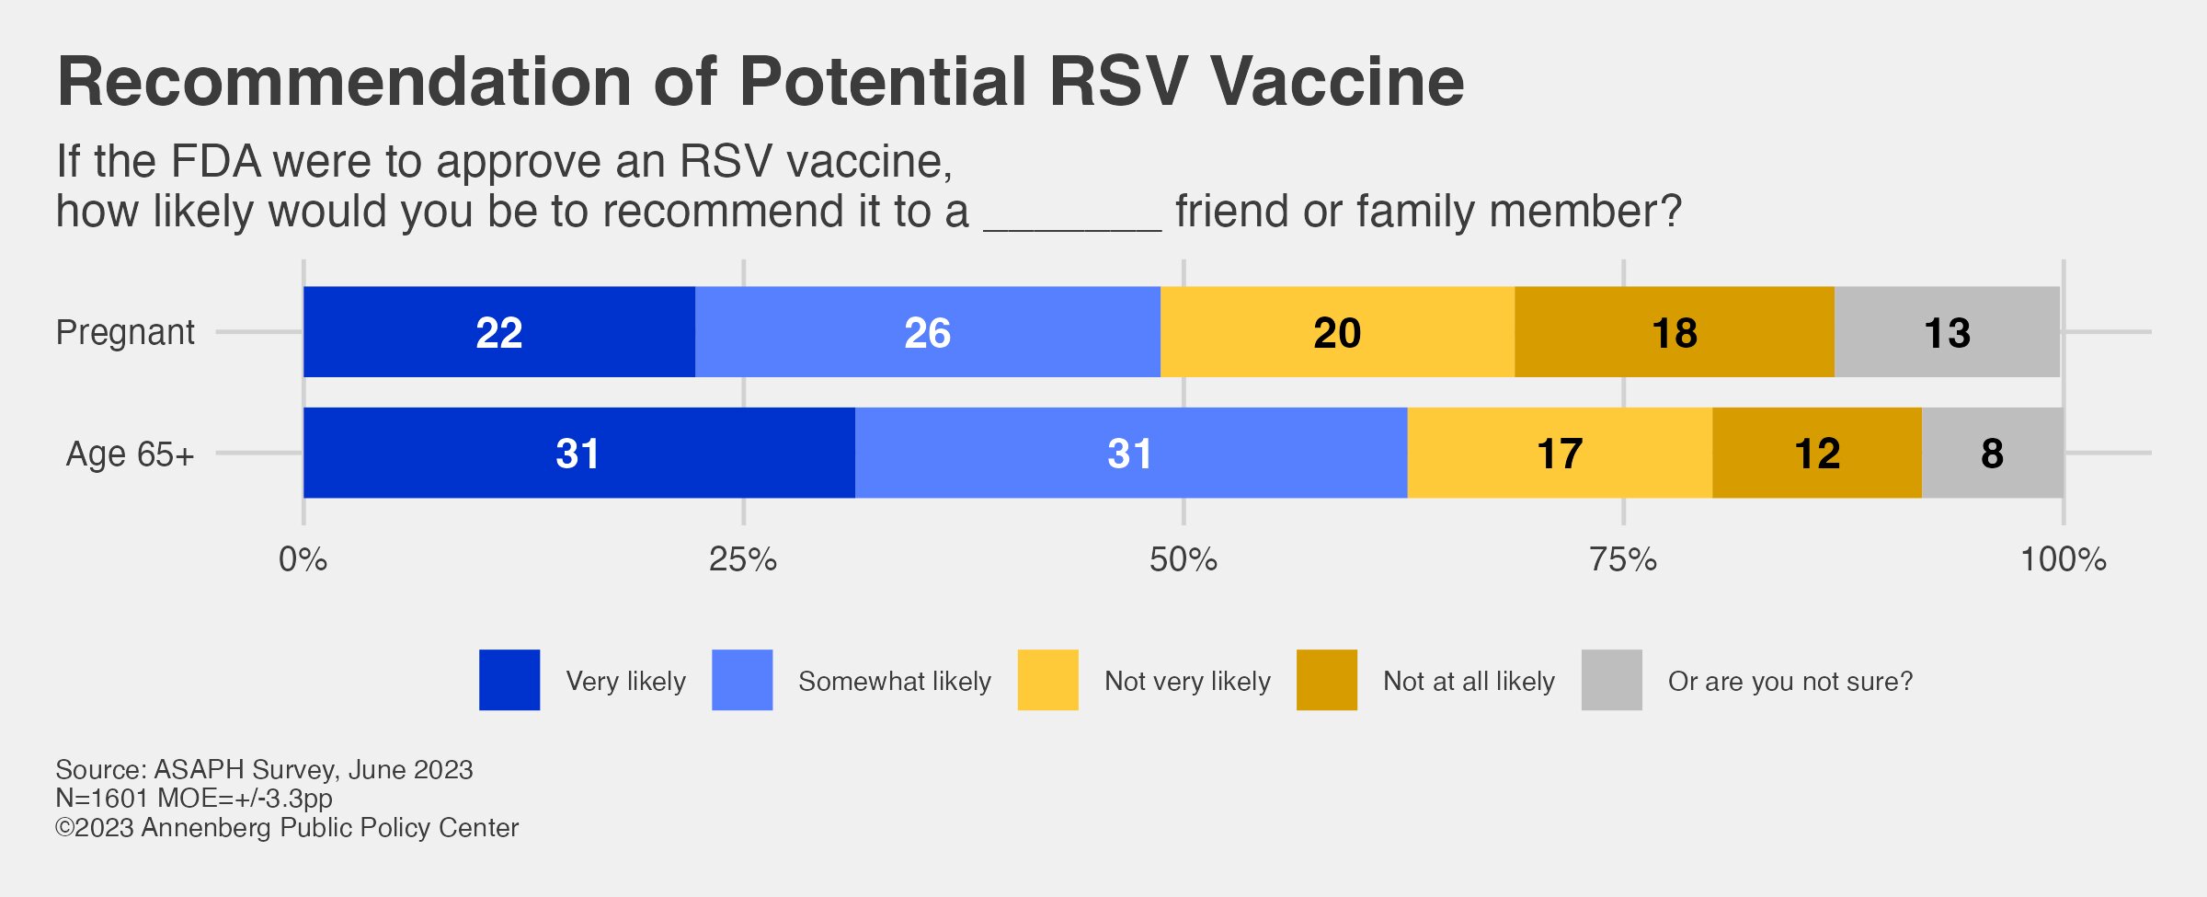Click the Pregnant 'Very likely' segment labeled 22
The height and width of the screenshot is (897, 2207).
[x=498, y=332]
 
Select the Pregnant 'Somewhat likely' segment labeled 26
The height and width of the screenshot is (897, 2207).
[x=927, y=332]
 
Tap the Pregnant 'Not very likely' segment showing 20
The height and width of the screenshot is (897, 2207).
[x=1337, y=332]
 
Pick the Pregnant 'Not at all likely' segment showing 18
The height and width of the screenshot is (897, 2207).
[x=1674, y=332]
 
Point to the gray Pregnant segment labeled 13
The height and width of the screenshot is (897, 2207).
[x=1947, y=332]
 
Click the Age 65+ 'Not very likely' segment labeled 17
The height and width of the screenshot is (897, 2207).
[x=1560, y=454]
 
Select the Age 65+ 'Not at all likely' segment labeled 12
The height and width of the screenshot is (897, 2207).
[x=1817, y=454]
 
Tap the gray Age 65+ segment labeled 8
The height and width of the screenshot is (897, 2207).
[x=1992, y=454]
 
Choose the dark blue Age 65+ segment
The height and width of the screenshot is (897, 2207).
[x=577, y=454]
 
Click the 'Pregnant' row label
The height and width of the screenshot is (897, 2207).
[x=125, y=332]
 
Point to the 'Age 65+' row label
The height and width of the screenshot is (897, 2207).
[x=130, y=454]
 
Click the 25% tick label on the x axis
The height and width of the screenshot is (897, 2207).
[x=743, y=559]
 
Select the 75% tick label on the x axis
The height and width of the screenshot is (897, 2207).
[x=1623, y=559]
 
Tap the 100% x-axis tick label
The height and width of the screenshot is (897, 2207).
[x=2063, y=559]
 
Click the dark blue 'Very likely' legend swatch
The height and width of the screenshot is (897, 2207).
[x=509, y=680]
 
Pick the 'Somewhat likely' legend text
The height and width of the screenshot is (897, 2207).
[x=894, y=682]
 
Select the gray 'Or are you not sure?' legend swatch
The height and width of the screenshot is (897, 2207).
[x=1611, y=680]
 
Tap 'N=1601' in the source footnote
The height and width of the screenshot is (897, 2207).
[x=102, y=799]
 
